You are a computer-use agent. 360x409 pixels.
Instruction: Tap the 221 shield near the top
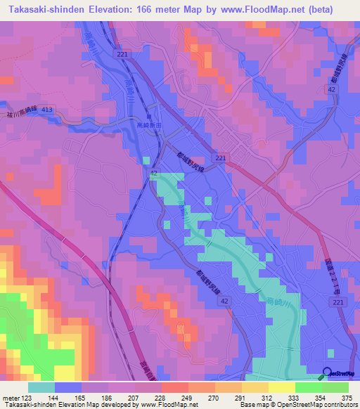(x=124, y=53)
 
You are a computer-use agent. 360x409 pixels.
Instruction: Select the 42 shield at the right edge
(x=330, y=89)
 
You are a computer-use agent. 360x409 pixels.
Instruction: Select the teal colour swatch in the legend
(x=41, y=387)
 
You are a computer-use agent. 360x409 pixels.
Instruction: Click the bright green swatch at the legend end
(x=335, y=387)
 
